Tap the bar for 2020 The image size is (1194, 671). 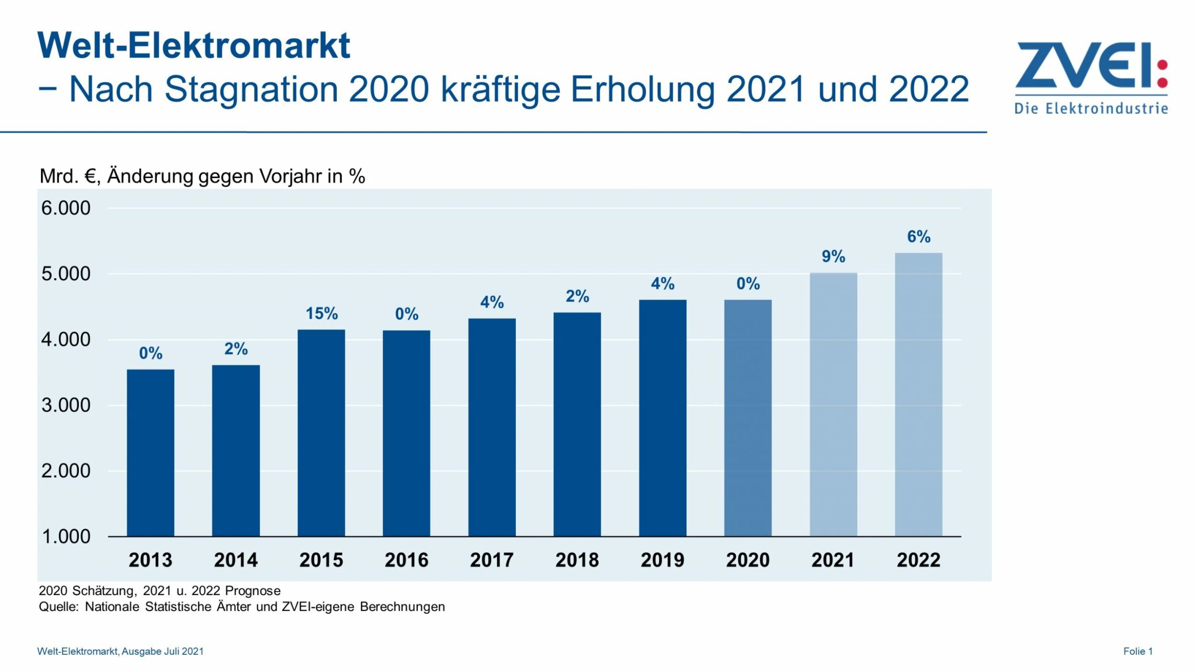click(x=747, y=418)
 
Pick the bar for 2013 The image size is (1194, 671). click(x=150, y=452)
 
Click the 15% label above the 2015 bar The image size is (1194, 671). click(x=321, y=314)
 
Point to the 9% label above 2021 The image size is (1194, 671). click(x=833, y=257)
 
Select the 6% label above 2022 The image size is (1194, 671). click(x=918, y=237)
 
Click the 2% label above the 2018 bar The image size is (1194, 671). click(x=577, y=296)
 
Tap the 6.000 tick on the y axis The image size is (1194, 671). click(x=65, y=208)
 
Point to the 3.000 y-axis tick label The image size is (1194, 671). click(x=65, y=405)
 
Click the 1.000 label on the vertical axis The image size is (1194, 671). click(x=65, y=536)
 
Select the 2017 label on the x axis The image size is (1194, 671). click(x=491, y=560)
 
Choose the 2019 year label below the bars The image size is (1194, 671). click(x=662, y=560)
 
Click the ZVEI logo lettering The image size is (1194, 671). click(x=1084, y=65)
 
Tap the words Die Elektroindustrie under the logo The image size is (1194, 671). click(x=1091, y=108)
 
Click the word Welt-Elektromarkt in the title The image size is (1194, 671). click(x=193, y=46)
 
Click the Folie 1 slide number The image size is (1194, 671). click(x=1138, y=651)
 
